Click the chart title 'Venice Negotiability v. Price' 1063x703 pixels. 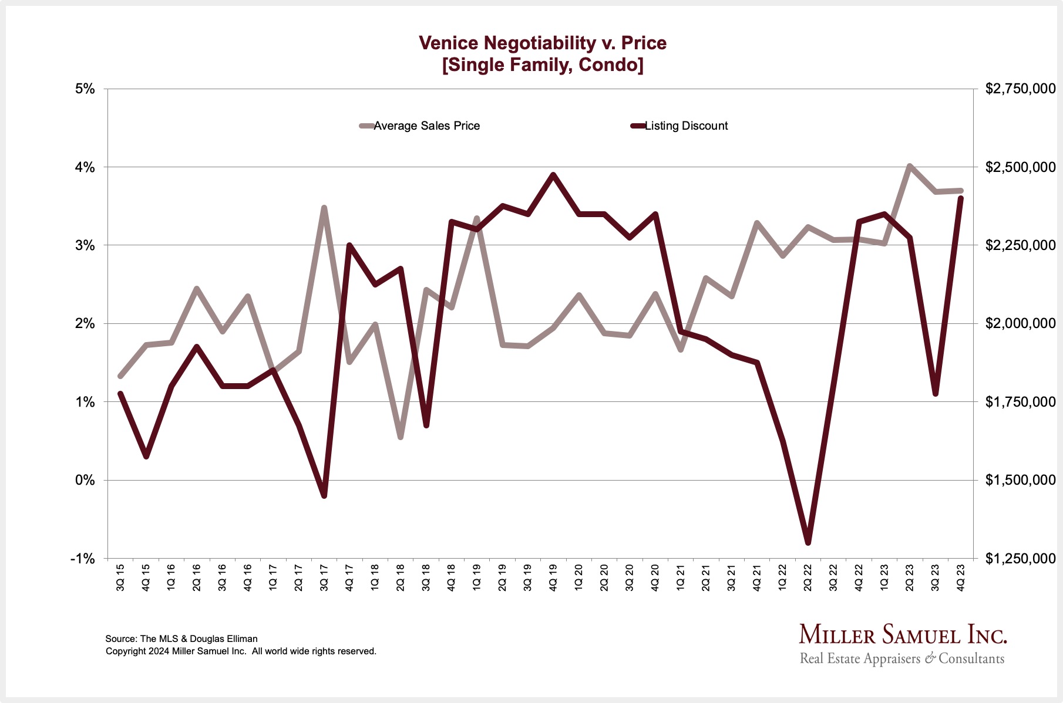pyautogui.click(x=542, y=43)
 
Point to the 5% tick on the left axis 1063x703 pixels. pyautogui.click(x=85, y=89)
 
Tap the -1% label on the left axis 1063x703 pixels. pyautogui.click(x=83, y=559)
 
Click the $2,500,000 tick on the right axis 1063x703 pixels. pyautogui.click(x=1020, y=167)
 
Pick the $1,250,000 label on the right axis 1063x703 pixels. pyautogui.click(x=1020, y=559)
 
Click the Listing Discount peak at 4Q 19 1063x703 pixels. pyautogui.click(x=553, y=174)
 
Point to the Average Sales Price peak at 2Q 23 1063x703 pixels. pyautogui.click(x=909, y=166)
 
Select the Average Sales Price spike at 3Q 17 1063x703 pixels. pyautogui.click(x=324, y=208)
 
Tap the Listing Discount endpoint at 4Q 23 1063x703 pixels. pyautogui.click(x=960, y=198)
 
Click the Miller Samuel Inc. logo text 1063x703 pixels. pyautogui.click(x=903, y=635)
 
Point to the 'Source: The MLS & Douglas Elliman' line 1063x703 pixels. pyautogui.click(x=181, y=638)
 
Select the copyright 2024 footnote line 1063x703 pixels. pyautogui.click(x=241, y=651)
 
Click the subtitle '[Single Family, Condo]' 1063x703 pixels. pyautogui.click(x=542, y=65)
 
